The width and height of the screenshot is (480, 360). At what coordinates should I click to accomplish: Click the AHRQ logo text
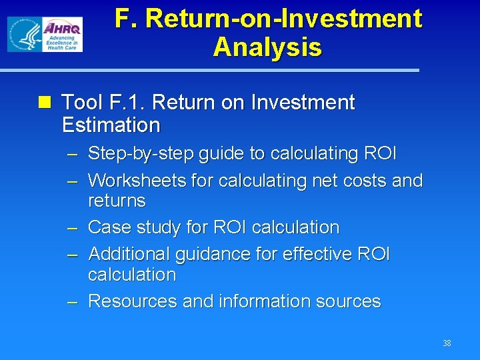[63, 28]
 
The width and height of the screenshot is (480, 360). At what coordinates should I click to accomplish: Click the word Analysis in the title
[267, 47]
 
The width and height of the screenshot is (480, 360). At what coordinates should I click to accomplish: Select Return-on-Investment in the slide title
[283, 18]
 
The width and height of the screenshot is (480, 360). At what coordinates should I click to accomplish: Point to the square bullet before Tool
[45, 103]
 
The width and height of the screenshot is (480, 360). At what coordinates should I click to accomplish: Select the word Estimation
[111, 125]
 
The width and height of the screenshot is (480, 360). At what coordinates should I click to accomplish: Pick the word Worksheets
[138, 181]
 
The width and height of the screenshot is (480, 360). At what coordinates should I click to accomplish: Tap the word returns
[117, 201]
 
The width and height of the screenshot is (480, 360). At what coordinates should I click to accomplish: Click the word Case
[108, 227]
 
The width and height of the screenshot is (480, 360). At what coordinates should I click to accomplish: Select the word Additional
[129, 254]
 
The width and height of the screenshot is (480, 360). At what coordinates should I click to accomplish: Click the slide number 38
[447, 343]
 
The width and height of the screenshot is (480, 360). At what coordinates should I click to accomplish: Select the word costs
[365, 181]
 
